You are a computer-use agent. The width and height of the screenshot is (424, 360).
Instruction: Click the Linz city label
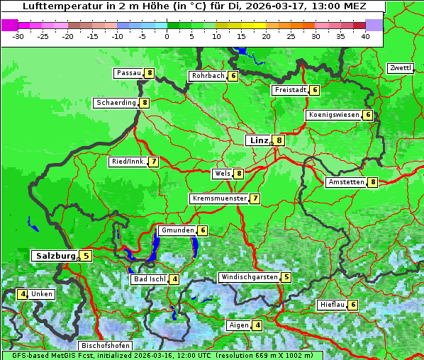tap(258, 140)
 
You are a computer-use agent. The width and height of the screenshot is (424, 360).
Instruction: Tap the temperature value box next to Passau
tap(149, 73)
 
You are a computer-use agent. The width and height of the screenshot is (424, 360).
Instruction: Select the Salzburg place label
tap(55, 255)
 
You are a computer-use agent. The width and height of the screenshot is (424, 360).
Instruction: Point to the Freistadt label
tap(289, 90)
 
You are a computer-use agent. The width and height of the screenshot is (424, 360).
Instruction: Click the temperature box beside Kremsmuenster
tap(255, 198)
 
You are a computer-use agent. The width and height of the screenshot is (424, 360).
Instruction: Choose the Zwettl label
tap(400, 68)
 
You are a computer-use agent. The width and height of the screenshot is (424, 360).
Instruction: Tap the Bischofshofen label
tap(104, 346)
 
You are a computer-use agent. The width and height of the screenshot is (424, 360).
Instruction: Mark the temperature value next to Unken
tap(23, 294)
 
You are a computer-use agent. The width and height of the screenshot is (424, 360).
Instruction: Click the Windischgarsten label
tap(248, 277)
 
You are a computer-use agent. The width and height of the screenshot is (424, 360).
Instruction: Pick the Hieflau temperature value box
tap(353, 305)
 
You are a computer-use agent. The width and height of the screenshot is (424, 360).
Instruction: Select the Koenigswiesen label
tap(333, 115)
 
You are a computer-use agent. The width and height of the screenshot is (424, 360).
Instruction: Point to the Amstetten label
tap(345, 182)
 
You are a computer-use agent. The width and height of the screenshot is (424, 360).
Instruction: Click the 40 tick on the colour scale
tap(364, 36)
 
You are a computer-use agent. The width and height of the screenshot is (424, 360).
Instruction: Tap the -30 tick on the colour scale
tap(18, 36)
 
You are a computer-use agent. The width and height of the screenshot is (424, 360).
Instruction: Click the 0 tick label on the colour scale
tap(167, 36)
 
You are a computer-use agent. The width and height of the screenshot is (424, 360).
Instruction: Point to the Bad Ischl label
tap(149, 279)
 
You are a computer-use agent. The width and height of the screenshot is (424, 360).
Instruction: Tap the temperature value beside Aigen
tap(257, 325)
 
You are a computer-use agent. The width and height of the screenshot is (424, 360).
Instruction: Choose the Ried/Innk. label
tap(128, 162)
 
